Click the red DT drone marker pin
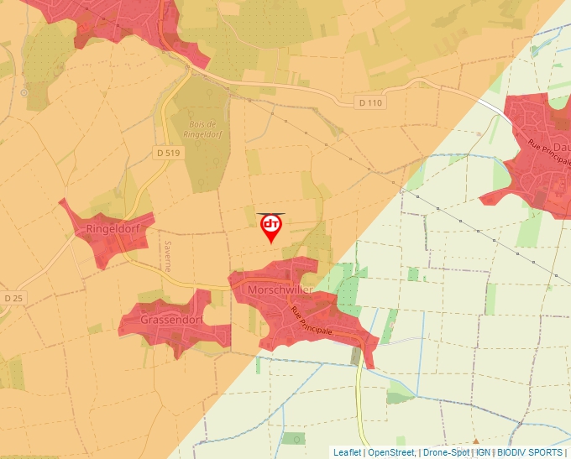point(270,227)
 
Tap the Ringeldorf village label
point(112,228)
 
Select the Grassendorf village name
point(172,321)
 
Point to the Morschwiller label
point(280,290)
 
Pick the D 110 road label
point(369,103)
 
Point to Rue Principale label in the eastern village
point(543,158)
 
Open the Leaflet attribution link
point(347,452)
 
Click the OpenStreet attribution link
point(392,452)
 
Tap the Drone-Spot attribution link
point(446,452)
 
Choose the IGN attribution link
point(484,452)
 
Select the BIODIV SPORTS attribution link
point(530,452)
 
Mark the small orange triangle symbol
point(476,440)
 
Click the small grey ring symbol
point(24,92)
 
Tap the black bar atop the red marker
point(270,214)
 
